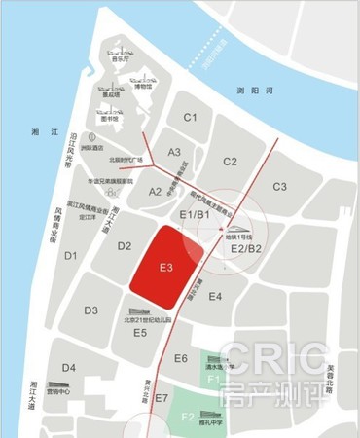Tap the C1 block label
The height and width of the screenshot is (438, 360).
pyautogui.click(x=191, y=119)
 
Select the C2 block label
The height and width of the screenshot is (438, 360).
pyautogui.click(x=230, y=162)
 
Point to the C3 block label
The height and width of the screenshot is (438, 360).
pyautogui.click(x=280, y=186)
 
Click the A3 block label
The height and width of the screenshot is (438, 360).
pyautogui.click(x=174, y=152)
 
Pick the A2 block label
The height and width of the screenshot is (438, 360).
pyautogui.click(x=156, y=192)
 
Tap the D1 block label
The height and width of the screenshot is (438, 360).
pyautogui.click(x=70, y=256)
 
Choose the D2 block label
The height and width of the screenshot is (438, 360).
pyautogui.click(x=124, y=246)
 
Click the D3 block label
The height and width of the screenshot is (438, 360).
pyautogui.click(x=90, y=310)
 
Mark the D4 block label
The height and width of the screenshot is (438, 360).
pyautogui.click(x=68, y=367)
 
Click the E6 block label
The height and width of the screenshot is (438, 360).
pyautogui.click(x=180, y=359)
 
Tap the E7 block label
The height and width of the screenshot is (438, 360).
pyautogui.click(x=161, y=398)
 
